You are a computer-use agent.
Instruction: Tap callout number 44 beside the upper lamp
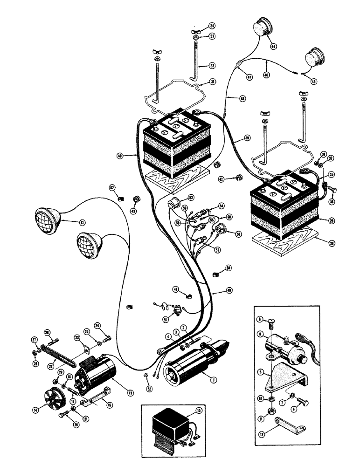[x=272, y=46]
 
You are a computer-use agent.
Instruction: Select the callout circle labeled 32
[x=199, y=66]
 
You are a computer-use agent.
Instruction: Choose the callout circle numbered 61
[x=82, y=223]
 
